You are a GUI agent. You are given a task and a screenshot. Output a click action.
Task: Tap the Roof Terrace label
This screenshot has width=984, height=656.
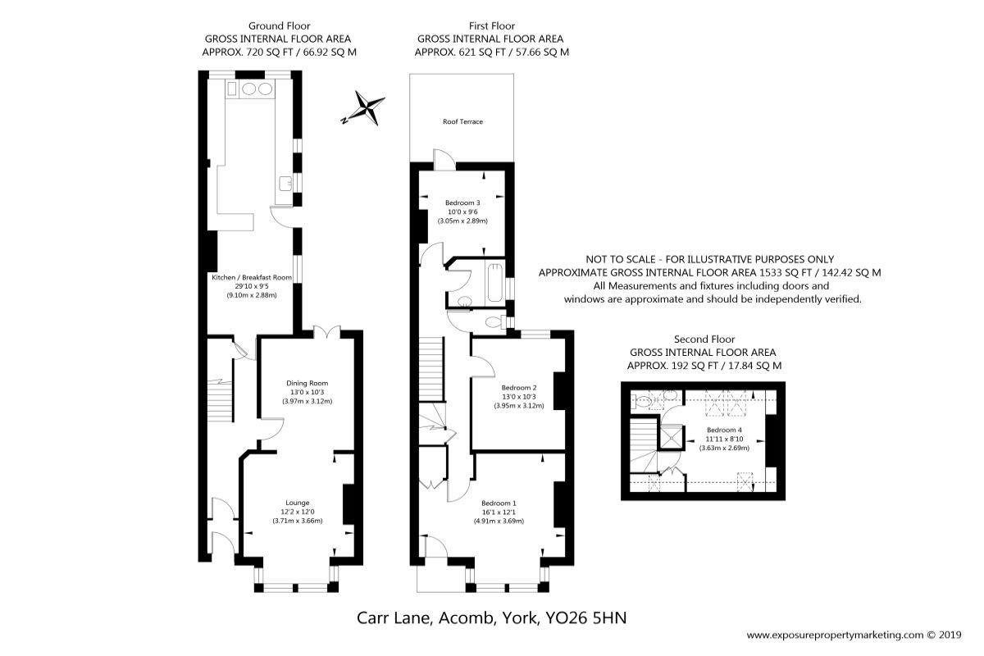tap(462, 121)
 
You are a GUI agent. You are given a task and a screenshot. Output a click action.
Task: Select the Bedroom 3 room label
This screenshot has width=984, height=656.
tap(462, 203)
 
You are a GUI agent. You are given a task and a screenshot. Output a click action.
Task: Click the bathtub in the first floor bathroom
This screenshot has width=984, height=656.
tap(495, 283)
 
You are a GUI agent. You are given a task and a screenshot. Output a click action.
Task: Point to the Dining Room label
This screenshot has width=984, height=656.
tap(307, 383)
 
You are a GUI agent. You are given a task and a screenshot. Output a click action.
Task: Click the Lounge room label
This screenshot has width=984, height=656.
tap(298, 503)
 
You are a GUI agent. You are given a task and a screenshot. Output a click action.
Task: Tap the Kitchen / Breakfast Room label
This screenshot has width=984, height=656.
tap(252, 277)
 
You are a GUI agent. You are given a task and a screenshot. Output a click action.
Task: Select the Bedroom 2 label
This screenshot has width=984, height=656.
tap(519, 388)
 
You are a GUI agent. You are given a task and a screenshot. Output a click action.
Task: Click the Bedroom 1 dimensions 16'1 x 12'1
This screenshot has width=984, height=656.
tap(499, 512)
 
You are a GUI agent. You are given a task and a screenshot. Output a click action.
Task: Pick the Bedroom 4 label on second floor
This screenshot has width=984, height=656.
tap(724, 430)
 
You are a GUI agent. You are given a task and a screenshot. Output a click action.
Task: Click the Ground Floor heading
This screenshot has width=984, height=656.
tap(280, 26)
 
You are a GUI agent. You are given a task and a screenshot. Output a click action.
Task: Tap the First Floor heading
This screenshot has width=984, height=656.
tap(491, 26)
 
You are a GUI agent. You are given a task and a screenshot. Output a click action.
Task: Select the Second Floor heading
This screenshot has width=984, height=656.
tap(704, 339)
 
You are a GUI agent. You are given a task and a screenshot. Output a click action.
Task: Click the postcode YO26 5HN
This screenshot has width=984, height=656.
tap(585, 617)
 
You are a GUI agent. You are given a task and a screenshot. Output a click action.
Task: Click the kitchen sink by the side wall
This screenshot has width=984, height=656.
tap(285, 184)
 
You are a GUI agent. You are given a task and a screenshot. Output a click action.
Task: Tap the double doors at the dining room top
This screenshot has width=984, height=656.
tap(327, 332)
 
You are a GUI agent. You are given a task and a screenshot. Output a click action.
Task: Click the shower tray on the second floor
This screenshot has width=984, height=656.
tap(671, 437)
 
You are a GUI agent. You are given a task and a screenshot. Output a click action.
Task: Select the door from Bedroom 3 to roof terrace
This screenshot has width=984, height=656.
tap(444, 160)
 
